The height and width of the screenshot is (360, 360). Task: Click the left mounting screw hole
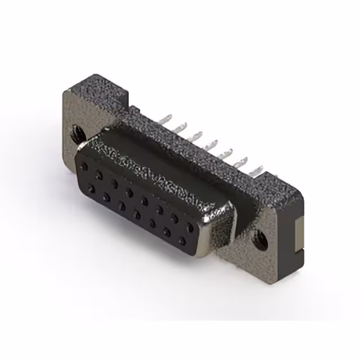coord(75,134)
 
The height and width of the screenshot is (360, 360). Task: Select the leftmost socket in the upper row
coord(84,166)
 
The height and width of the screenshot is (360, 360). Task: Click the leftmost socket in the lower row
coord(91,187)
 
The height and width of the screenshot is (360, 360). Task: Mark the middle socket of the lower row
coord(137,214)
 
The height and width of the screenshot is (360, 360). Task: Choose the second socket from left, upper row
coord(99,175)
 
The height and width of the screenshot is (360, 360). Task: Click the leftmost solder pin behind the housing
coord(168,119)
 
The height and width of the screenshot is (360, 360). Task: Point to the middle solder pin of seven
coord(213,143)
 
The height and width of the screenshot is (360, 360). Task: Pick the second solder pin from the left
coord(182,127)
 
